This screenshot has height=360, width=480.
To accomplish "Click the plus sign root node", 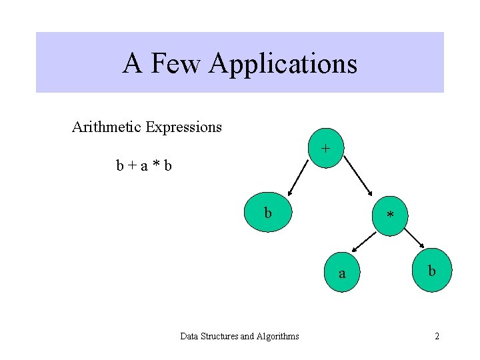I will [x=325, y=149].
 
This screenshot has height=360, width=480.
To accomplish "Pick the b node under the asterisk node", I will [x=432, y=271].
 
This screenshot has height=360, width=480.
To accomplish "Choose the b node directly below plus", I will [x=267, y=213].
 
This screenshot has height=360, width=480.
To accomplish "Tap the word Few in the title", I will [x=176, y=64].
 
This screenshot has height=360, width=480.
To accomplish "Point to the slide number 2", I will [x=437, y=336].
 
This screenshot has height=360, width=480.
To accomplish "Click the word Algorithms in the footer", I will [x=277, y=336].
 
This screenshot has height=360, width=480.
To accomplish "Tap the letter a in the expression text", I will [x=144, y=165].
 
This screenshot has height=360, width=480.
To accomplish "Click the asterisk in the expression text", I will [x=155, y=165].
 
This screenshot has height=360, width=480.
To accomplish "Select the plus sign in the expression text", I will [x=133, y=165].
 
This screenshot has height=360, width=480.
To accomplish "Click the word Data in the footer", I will [x=190, y=336].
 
